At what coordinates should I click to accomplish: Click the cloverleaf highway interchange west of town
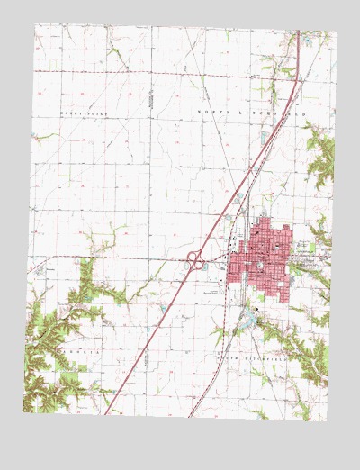point(194,260)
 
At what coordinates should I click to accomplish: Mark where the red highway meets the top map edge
point(298,32)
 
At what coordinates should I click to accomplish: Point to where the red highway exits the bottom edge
point(106,414)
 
